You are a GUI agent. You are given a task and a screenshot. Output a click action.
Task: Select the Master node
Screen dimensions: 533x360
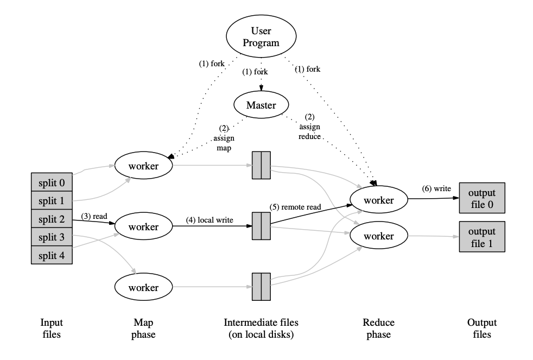click(x=261, y=105)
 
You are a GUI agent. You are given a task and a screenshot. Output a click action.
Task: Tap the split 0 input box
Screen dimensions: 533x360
click(x=52, y=182)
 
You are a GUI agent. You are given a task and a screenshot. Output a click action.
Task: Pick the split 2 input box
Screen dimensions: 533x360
click(x=52, y=219)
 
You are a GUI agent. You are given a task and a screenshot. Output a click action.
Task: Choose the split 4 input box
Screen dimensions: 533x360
click(x=52, y=255)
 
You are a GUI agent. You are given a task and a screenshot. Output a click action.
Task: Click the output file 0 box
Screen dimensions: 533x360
click(x=482, y=198)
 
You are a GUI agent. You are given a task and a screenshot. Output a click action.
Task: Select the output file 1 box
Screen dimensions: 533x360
click(x=482, y=237)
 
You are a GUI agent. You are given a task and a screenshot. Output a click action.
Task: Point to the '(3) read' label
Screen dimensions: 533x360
click(x=94, y=216)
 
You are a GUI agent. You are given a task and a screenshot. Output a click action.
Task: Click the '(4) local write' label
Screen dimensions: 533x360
click(x=210, y=220)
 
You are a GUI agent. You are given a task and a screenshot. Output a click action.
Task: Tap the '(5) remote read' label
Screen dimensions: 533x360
click(x=295, y=207)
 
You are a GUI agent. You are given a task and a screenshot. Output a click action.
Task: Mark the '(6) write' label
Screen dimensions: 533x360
click(x=436, y=188)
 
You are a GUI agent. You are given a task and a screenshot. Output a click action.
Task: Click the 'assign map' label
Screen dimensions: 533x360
click(x=224, y=143)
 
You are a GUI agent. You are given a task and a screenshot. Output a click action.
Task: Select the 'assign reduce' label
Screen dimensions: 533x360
click(x=310, y=131)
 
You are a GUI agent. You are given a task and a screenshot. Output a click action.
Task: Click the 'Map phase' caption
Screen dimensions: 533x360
click(x=143, y=329)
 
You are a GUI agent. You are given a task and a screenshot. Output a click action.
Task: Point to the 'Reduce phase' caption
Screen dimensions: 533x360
click(x=379, y=329)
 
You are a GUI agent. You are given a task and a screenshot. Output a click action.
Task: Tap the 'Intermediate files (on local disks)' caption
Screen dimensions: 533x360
click(x=261, y=329)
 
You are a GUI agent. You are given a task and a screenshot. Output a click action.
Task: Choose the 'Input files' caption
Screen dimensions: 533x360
click(x=52, y=329)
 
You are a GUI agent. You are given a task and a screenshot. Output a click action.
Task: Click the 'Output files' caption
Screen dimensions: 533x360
click(x=482, y=329)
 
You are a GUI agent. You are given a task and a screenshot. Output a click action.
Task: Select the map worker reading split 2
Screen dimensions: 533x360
click(x=143, y=226)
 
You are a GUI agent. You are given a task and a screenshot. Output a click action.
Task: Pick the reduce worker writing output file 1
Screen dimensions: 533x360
click(x=379, y=236)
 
